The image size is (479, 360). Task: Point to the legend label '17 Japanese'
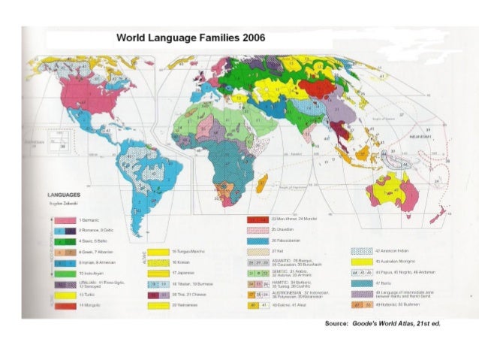(184, 274)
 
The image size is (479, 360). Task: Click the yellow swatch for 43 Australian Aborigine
(363, 262)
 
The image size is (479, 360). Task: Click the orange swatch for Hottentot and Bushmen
(363, 304)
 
